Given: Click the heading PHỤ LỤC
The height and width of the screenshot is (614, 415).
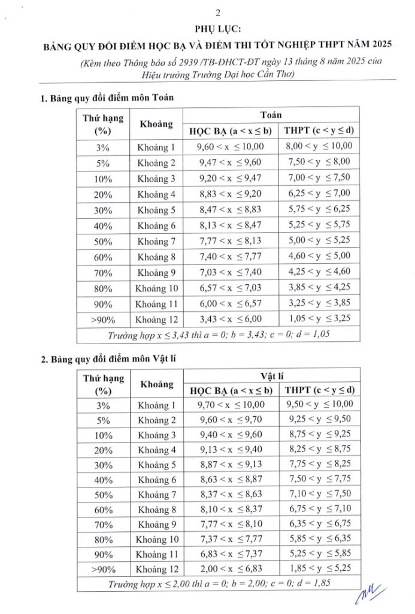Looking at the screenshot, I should [x=210, y=29].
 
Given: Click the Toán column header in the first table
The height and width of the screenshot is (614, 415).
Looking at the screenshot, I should [x=271, y=115].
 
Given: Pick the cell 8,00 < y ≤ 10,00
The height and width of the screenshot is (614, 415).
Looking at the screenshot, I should [x=319, y=146].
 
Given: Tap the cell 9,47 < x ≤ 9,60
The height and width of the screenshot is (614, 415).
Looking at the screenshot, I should [x=230, y=162].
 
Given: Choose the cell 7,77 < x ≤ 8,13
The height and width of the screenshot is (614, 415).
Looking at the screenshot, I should [x=230, y=240].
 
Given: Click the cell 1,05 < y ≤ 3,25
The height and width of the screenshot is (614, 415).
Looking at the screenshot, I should [x=319, y=318].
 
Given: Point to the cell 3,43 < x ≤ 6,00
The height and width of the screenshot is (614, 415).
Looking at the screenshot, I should [x=230, y=318].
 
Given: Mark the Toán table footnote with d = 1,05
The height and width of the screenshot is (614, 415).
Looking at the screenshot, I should [x=219, y=334].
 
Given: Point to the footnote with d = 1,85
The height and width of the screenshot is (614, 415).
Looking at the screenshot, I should [x=219, y=582].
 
